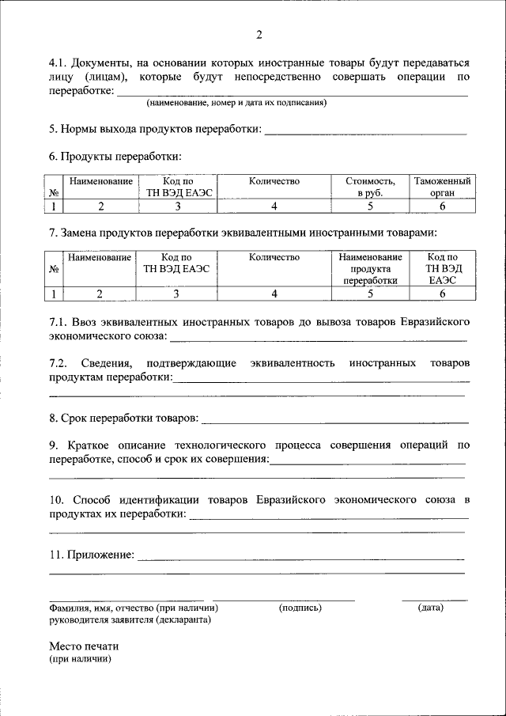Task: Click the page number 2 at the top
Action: coord(259,34)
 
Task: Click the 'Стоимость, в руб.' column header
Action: coord(369,187)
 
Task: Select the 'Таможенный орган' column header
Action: coord(442,187)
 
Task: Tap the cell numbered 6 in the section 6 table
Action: coord(442,206)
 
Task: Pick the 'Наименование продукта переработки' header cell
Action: coord(370,269)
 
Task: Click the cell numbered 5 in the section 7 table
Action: coord(370,294)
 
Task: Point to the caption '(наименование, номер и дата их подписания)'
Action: coord(236,103)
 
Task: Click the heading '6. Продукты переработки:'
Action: coord(115,156)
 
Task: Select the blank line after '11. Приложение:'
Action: coord(300,558)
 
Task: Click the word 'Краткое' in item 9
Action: coord(89,445)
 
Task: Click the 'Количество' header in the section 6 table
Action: coord(274,181)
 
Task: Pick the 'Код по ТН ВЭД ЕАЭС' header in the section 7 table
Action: coord(176,263)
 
